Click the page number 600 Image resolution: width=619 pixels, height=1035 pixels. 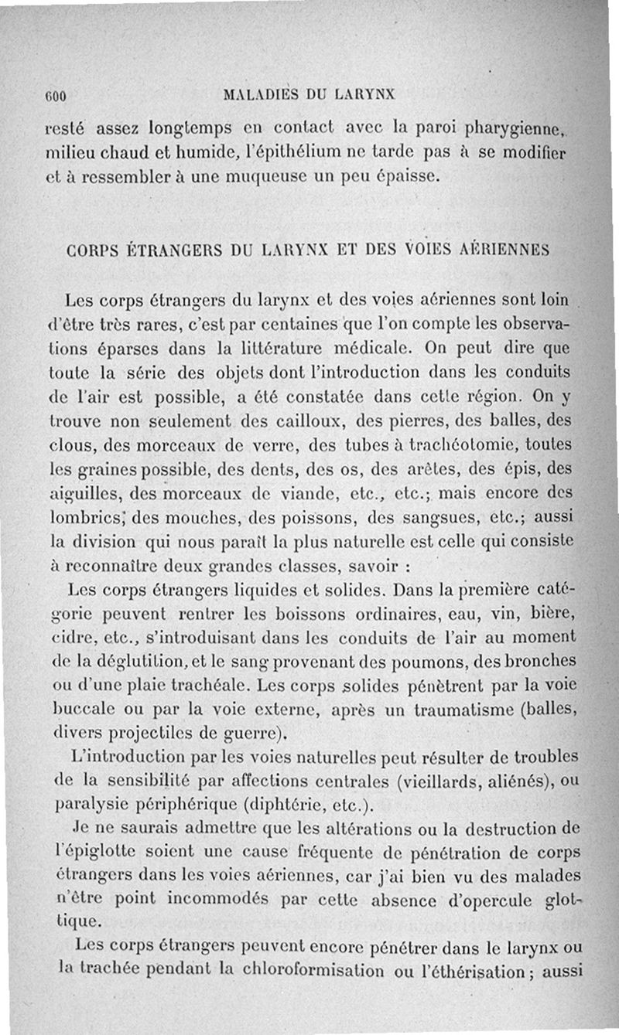tap(58, 96)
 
